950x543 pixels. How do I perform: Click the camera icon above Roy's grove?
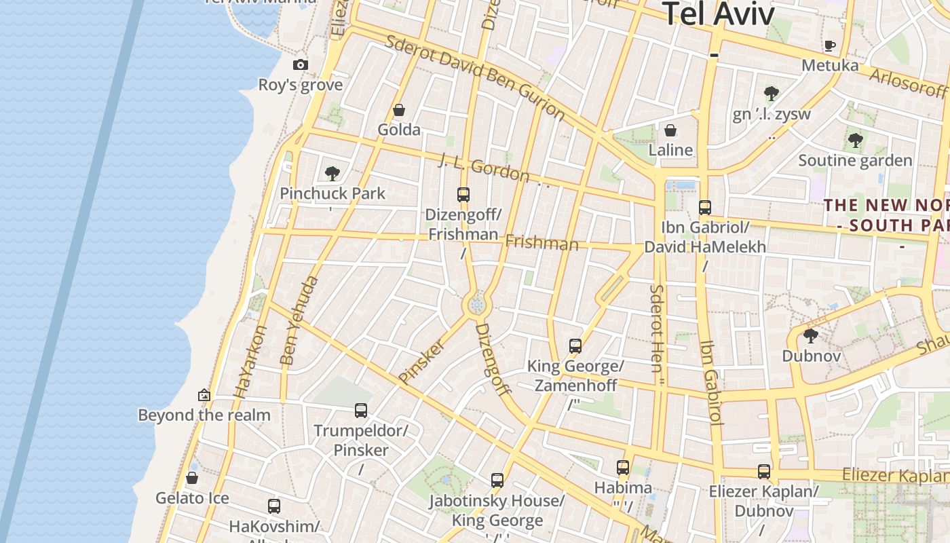coord(301,65)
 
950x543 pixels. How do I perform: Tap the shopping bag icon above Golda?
coord(399,110)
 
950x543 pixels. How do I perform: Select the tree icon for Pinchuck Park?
coord(332,174)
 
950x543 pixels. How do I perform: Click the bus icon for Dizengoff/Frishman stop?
coord(463,195)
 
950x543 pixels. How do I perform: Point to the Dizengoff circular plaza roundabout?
coord(477,305)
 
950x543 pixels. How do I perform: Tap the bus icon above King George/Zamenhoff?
coord(575,346)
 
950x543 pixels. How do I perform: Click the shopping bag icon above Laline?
coord(670,130)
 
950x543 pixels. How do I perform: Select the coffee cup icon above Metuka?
coord(829,45)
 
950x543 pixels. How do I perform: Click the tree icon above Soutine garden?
coord(855,141)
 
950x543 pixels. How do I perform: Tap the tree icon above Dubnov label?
coord(810,335)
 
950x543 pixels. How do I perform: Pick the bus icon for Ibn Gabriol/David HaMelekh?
coord(705,208)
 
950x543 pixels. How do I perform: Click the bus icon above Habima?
coord(623,467)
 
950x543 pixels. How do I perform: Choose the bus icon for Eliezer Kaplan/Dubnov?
coord(764,471)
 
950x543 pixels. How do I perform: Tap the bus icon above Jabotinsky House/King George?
coord(497,481)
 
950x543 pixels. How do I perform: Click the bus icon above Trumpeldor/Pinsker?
coord(361,410)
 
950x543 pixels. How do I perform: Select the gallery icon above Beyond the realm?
coord(204,395)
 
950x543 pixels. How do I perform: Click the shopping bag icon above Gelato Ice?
coord(192,478)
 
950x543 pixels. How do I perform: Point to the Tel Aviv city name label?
coord(718,14)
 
